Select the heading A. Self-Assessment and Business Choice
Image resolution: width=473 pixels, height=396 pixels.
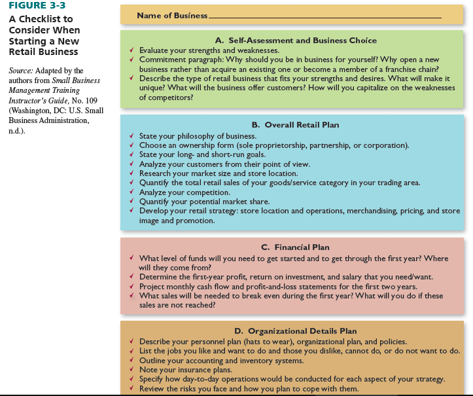tap(291, 40)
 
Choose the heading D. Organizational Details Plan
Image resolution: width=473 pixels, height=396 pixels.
tap(291, 331)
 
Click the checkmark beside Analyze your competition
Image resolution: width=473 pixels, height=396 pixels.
tap(132, 192)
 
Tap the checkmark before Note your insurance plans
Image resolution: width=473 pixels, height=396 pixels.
tap(132, 370)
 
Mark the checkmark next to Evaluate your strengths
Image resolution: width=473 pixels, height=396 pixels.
tap(132, 50)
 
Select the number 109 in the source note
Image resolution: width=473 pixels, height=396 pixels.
tap(88, 101)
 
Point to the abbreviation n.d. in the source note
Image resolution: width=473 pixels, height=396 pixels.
tap(16, 132)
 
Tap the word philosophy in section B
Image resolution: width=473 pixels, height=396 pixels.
tap(192, 135)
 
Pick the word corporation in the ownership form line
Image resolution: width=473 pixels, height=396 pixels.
tap(383, 145)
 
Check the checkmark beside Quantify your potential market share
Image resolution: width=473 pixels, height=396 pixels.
tap(132, 202)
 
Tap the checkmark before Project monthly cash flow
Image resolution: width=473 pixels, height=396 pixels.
tap(132, 287)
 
